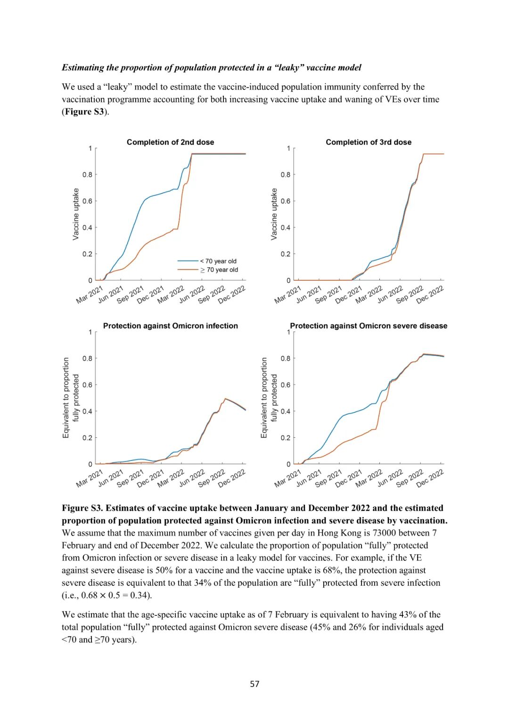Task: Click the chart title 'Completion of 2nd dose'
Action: [x=170, y=142]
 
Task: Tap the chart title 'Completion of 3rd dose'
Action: [x=369, y=142]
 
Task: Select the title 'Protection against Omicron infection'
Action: [x=170, y=326]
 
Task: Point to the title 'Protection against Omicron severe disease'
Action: [x=369, y=326]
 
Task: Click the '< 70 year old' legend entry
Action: [x=218, y=261]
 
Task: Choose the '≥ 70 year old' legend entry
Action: [x=219, y=270]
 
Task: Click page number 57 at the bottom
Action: [x=254, y=684]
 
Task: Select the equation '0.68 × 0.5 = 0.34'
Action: [x=116, y=595]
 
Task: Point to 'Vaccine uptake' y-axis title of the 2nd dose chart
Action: [x=76, y=214]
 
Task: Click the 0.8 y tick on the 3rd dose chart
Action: [x=286, y=175]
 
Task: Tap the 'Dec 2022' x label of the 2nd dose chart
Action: [x=232, y=295]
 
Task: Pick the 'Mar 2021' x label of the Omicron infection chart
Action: [x=90, y=478]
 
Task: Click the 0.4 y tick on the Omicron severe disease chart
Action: [x=286, y=411]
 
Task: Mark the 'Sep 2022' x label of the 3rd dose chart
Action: [x=409, y=295]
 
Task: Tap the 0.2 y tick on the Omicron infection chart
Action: [x=88, y=438]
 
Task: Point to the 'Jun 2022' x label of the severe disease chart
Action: [x=390, y=478]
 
